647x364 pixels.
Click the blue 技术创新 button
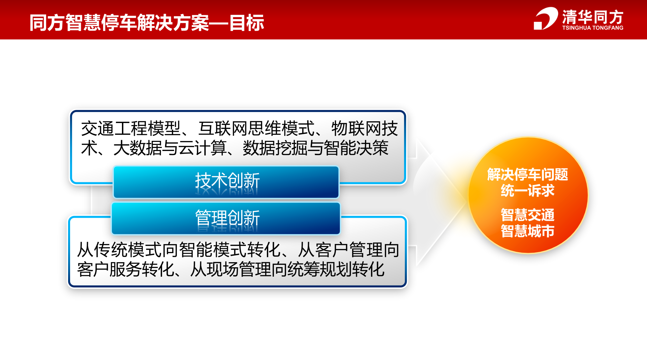pyautogui.click(x=226, y=182)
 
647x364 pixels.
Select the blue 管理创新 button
pyautogui.click(x=226, y=218)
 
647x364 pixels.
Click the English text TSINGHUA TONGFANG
pyautogui.click(x=592, y=28)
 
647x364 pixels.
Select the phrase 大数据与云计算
pyautogui.click(x=170, y=148)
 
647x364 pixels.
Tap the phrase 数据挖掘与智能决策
pyautogui.click(x=315, y=148)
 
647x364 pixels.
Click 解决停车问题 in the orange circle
pyautogui.click(x=527, y=175)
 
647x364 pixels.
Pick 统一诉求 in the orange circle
pyautogui.click(x=527, y=191)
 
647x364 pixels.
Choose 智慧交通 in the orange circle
pyautogui.click(x=527, y=215)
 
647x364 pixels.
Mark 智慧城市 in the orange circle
pyautogui.click(x=527, y=231)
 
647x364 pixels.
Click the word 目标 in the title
pyautogui.click(x=247, y=23)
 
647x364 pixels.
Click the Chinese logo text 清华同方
pyautogui.click(x=592, y=17)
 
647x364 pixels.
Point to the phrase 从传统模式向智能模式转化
pyautogui.click(x=179, y=250)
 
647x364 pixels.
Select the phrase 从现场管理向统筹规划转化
pyautogui.click(x=287, y=270)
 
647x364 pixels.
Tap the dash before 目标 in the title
pyautogui.click(x=219, y=23)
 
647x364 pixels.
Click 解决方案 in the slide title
pyautogui.click(x=173, y=23)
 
